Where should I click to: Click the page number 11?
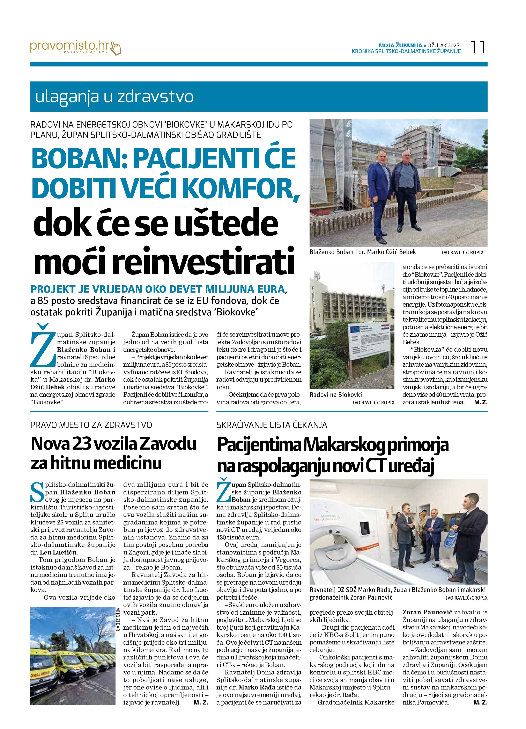[x=478, y=47]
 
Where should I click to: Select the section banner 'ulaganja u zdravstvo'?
[x=114, y=97]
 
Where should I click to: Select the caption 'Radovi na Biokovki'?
[x=336, y=395]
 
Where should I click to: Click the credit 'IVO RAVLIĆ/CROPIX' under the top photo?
[x=462, y=253]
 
